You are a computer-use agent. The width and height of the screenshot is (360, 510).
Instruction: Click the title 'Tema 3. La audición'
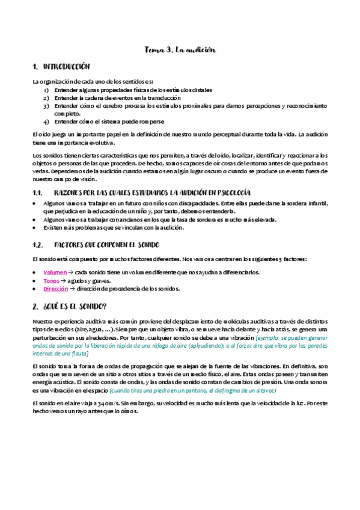180,50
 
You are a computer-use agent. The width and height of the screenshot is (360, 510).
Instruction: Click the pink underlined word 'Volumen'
55,272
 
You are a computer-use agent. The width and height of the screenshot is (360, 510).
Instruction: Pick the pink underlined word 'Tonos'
52,280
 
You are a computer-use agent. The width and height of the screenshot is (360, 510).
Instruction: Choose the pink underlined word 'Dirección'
56,289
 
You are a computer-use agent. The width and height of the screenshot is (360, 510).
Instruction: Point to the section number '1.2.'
37,245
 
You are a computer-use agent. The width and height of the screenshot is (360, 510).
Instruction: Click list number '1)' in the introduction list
46,90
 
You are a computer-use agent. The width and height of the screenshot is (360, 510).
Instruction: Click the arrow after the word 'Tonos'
64,281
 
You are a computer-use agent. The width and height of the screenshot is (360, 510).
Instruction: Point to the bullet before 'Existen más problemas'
35,228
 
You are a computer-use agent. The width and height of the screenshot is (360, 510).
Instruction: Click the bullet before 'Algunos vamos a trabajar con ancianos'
35,220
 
